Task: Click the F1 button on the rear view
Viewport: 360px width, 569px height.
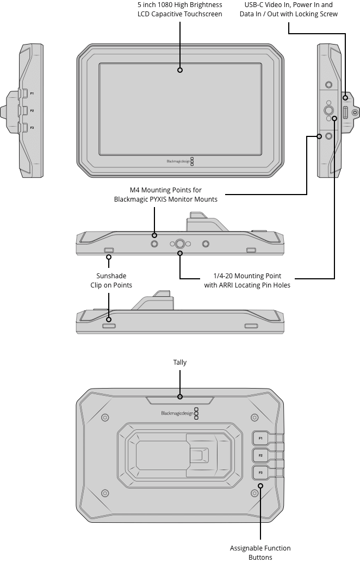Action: pos(260,438)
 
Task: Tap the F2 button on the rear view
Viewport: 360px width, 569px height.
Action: pos(260,455)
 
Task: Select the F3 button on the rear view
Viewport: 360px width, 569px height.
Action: pos(260,472)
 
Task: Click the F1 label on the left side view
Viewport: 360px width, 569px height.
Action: pos(32,93)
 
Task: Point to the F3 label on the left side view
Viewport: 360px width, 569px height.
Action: pos(32,127)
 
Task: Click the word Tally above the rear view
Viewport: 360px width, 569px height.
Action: pos(179,362)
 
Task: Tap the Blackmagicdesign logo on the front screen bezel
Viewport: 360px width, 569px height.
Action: pos(178,161)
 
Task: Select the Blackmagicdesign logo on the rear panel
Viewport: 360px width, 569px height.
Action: pos(177,414)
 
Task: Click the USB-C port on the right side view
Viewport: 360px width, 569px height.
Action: pos(345,112)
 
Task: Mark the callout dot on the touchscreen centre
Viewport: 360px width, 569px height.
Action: pos(180,70)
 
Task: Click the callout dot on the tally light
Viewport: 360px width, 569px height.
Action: pos(180,397)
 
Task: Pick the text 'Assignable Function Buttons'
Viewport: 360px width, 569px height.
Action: pos(260,553)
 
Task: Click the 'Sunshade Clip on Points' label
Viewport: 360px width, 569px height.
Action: pos(111,280)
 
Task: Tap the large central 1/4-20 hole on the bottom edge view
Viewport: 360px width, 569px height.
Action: pos(180,244)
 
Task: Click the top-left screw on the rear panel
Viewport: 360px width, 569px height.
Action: pos(105,417)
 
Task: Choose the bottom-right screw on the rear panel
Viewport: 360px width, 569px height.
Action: pos(254,493)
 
